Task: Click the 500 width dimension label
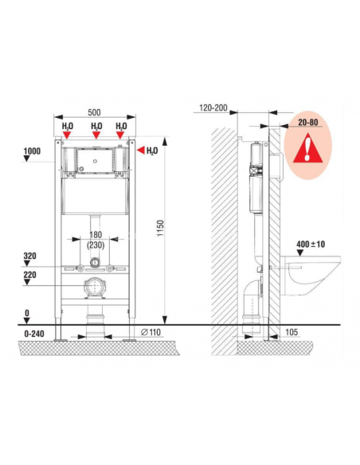pos(94,112)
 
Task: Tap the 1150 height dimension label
pos(160,228)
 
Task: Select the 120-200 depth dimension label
pos(213,107)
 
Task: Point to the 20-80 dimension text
pos(308,122)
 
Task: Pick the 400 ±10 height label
pos(311,244)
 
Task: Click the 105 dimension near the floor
pos(292,332)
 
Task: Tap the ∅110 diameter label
pos(151,332)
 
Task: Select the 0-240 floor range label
pos(34,334)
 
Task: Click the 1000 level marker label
pos(32,151)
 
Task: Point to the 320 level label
pos(30,256)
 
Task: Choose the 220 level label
pos(30,275)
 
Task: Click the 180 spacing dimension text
pos(96,235)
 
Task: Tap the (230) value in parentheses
pos(96,245)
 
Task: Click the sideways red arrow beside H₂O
pos(140,150)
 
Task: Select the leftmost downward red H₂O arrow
pos(68,135)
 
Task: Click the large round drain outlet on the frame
pos(95,287)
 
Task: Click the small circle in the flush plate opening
pos(95,161)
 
